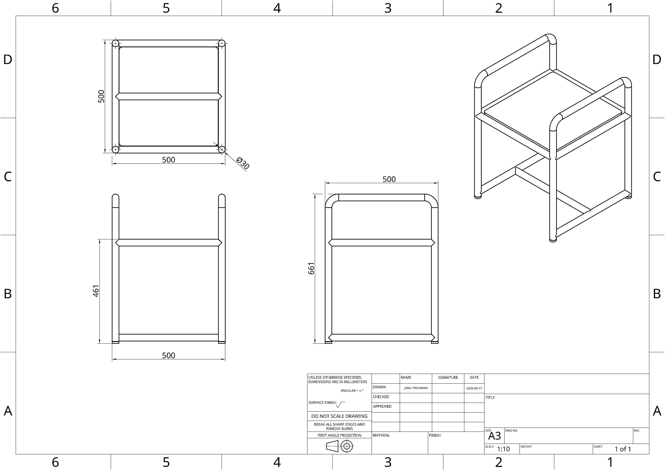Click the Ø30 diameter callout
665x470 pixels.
point(243,163)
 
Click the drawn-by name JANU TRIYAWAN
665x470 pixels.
point(416,388)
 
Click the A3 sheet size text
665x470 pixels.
point(494,436)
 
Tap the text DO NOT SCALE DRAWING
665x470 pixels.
point(339,416)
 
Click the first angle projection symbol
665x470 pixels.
point(339,446)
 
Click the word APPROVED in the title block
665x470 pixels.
point(382,406)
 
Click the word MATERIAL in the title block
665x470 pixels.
point(381,435)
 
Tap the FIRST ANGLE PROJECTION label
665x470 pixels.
point(339,435)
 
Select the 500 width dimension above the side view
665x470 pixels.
point(389,179)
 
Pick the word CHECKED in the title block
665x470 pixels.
point(381,397)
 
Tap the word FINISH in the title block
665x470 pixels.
point(435,435)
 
